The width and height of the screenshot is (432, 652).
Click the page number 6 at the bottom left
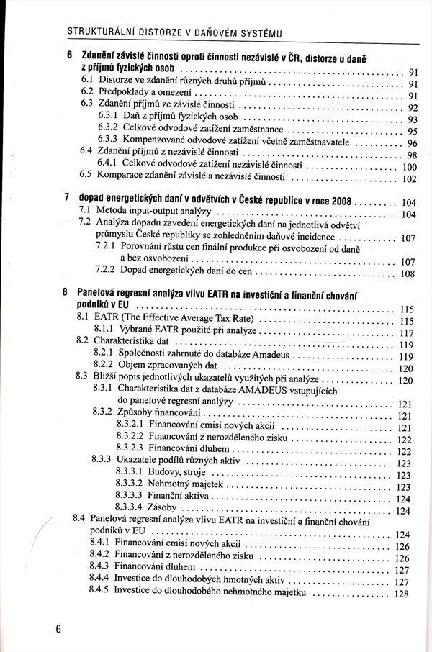58,628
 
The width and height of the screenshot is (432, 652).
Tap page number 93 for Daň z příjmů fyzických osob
413,120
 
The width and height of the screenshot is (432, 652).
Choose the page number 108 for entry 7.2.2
408,274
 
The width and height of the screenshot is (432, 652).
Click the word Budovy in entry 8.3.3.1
164,473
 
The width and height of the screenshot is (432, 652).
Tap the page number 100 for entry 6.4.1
408,166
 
